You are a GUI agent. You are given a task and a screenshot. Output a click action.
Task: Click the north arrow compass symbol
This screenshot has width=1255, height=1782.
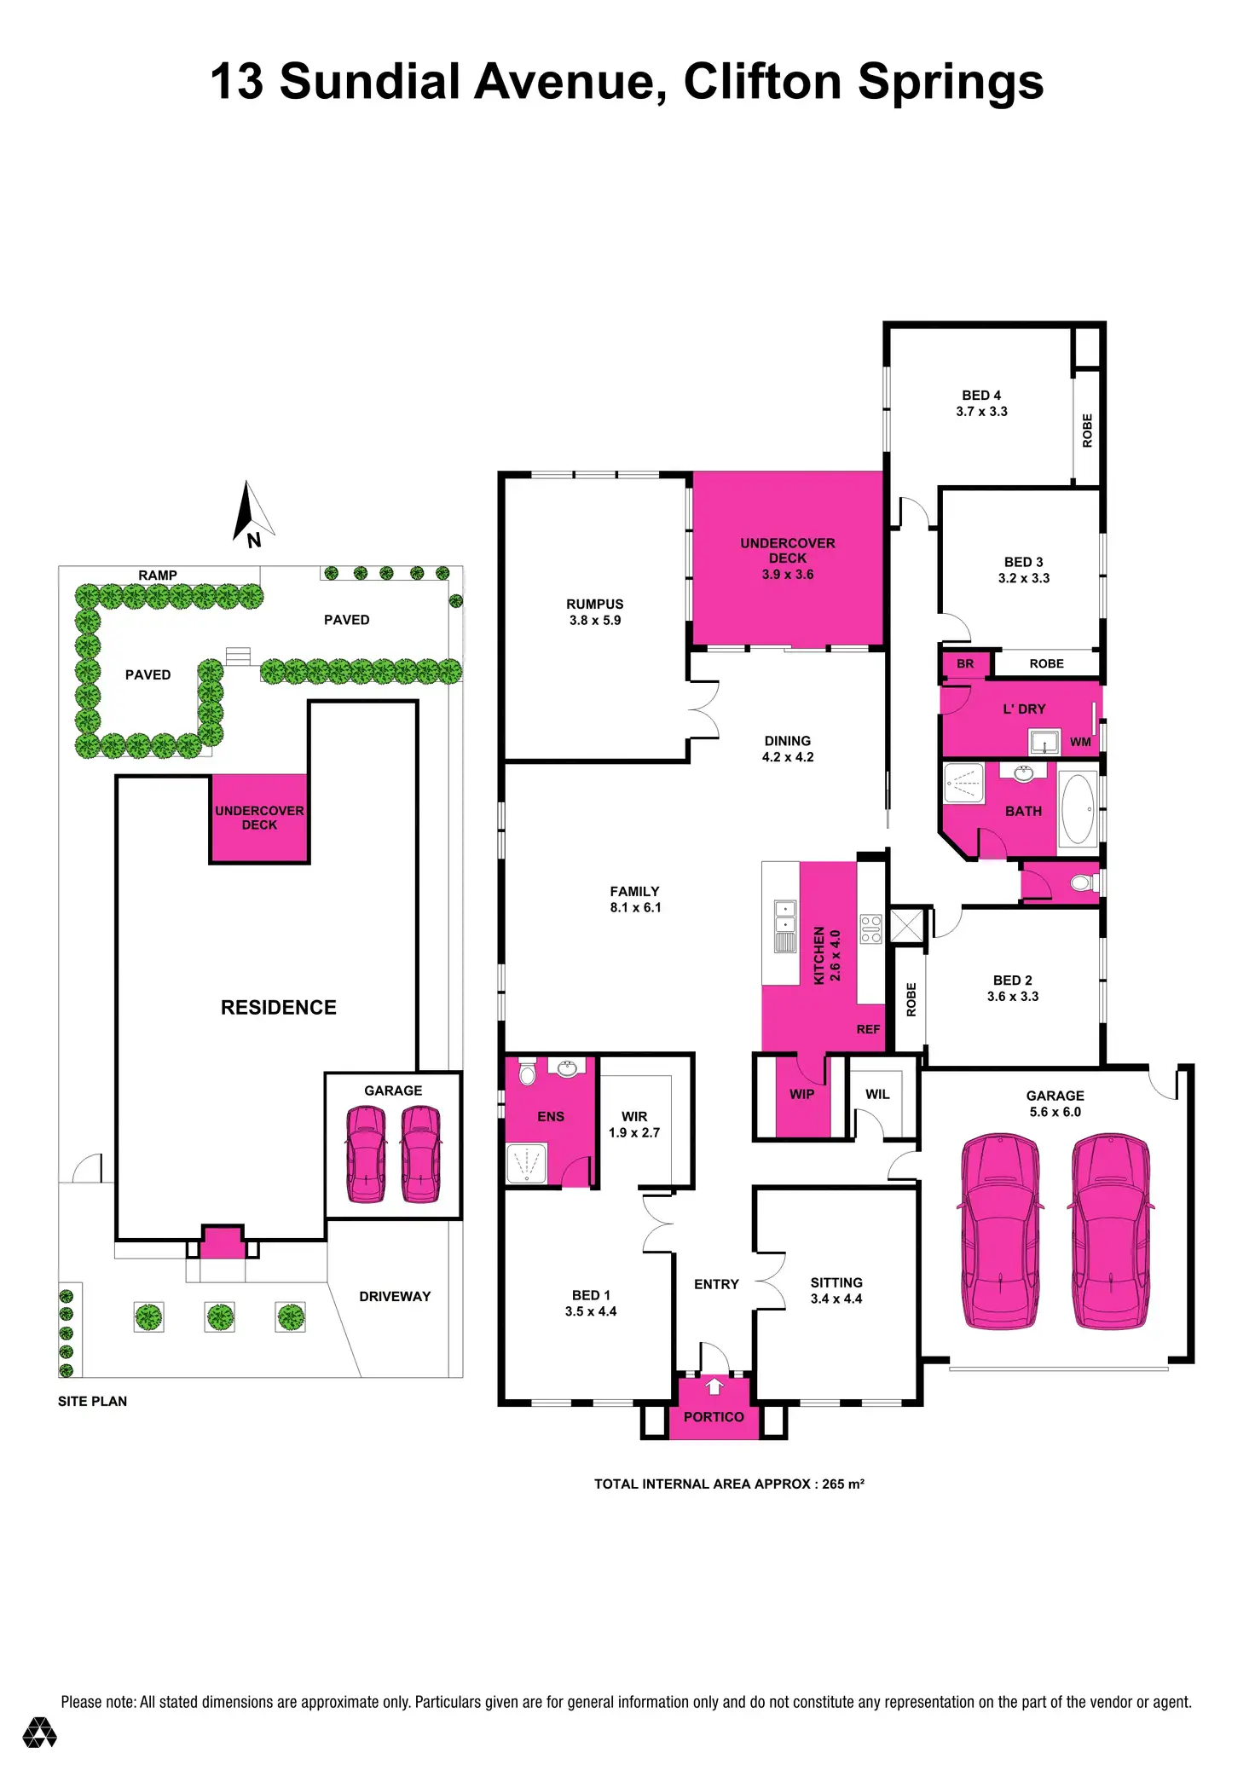point(252,513)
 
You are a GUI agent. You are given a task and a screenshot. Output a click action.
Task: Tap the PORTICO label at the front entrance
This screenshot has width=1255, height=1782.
point(714,1417)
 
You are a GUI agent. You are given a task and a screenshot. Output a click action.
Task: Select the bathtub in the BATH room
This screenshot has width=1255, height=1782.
point(1078,809)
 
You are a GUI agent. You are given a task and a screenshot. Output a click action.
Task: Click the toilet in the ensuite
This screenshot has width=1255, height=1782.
point(527,1073)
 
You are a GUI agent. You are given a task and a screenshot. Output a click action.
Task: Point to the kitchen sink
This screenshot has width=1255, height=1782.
point(784,926)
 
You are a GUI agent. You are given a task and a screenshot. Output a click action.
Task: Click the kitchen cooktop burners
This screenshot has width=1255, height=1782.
point(870,929)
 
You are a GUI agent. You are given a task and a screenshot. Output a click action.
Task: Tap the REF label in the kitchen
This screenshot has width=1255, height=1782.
point(868,1029)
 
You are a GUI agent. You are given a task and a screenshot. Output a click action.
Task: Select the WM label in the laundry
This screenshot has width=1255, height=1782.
point(1080,742)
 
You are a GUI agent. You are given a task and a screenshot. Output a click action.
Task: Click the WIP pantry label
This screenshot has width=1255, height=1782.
point(801,1094)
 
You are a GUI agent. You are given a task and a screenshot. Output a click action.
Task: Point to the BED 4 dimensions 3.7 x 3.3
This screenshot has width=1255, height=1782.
point(981,411)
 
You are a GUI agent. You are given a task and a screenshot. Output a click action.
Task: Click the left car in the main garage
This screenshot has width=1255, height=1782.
point(1000,1231)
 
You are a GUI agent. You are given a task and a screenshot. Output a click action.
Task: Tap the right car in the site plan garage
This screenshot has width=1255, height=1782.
point(421,1153)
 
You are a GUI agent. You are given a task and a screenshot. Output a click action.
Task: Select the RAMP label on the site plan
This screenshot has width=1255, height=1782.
point(158,576)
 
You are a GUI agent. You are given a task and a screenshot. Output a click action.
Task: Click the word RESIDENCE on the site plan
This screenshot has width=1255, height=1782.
point(278,1007)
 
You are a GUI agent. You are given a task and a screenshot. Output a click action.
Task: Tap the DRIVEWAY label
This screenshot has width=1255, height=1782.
point(395,1296)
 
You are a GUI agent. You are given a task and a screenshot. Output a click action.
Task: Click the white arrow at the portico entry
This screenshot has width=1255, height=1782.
point(714,1387)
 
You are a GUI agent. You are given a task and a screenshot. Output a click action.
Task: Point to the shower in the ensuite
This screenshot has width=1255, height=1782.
point(526,1163)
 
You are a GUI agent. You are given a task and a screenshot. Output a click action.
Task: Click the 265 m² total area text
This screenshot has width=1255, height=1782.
point(842,1484)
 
